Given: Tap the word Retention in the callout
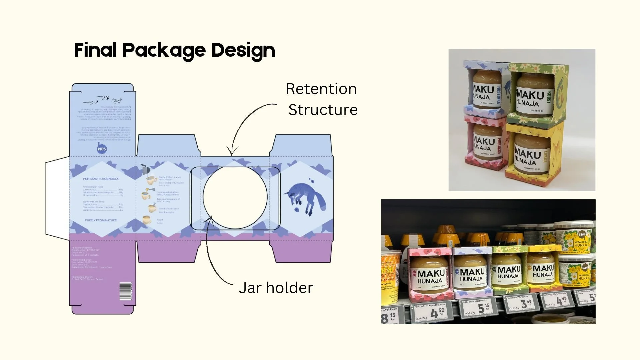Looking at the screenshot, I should (321, 89).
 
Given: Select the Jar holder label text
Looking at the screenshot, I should (276, 288).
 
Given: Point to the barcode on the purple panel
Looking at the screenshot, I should (126, 292).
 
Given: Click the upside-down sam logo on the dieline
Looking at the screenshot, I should (102, 149).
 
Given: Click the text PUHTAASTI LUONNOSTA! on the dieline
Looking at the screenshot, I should (101, 179).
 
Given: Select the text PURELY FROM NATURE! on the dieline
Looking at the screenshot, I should (101, 220).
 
